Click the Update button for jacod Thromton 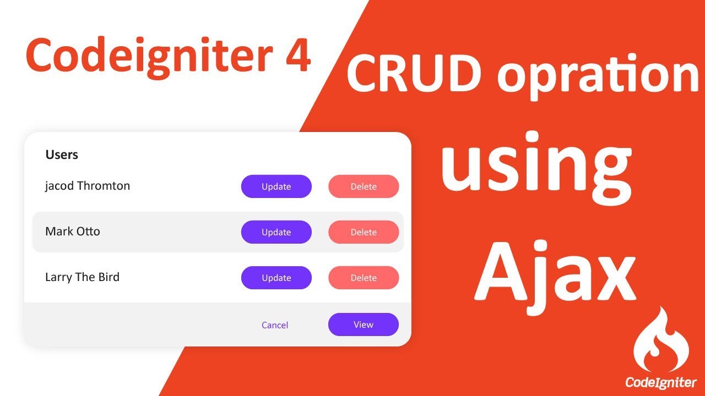click(x=276, y=186)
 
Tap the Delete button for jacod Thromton click(x=364, y=186)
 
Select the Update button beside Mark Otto click(x=276, y=232)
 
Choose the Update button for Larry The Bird click(x=276, y=278)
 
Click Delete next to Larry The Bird click(x=364, y=278)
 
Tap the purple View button click(x=364, y=324)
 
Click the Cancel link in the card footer click(x=275, y=325)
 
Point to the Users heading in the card click(x=62, y=155)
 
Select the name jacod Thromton click(x=88, y=186)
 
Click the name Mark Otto click(x=73, y=232)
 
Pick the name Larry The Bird click(x=82, y=277)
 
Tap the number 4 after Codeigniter click(x=298, y=56)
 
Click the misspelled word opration click(x=598, y=75)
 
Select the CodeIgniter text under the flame click(x=660, y=382)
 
